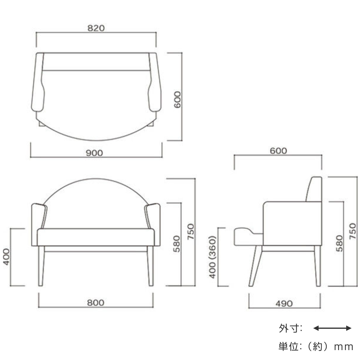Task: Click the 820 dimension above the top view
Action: [x=96, y=28]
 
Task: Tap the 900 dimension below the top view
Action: [x=94, y=153]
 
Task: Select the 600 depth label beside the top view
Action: [x=177, y=100]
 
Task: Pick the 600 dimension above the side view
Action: [x=278, y=151]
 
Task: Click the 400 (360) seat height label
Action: [x=212, y=257]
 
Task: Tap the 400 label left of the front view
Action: [x=6, y=257]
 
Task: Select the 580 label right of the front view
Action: [x=176, y=244]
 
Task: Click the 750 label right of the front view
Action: [x=191, y=232]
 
